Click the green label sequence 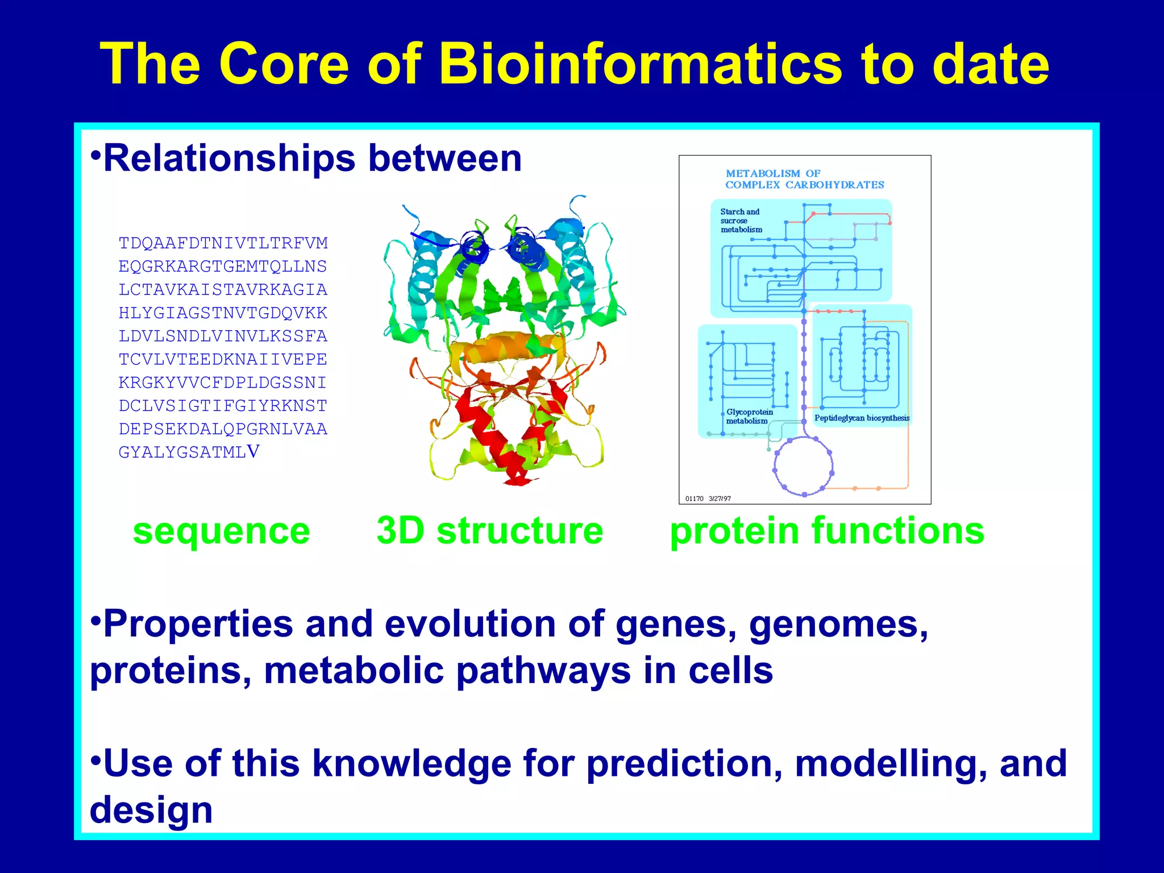tap(221, 531)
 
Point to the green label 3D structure tap(489, 531)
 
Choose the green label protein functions tap(827, 531)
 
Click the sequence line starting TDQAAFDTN tap(223, 243)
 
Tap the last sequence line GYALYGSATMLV tap(189, 452)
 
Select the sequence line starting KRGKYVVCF tap(223, 383)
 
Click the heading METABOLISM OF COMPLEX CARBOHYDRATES tap(804, 179)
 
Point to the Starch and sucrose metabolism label tap(741, 221)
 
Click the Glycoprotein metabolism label tap(749, 417)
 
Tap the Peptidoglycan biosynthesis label tap(862, 418)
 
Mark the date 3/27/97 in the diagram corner tap(720, 499)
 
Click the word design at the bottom tap(151, 810)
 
